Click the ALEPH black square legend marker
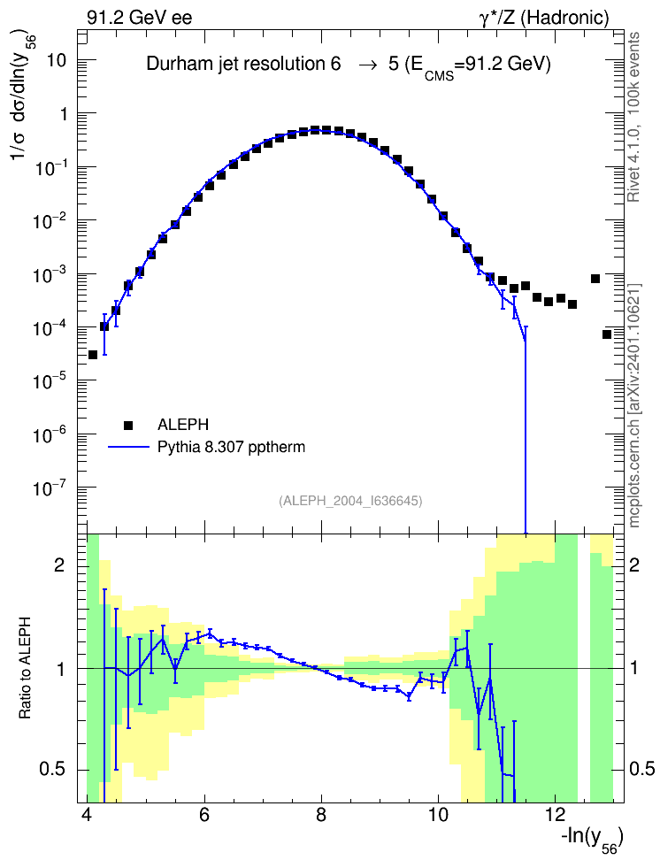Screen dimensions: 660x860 point(128,425)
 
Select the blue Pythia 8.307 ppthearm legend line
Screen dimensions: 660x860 point(128,448)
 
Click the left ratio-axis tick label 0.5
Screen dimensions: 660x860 point(52,770)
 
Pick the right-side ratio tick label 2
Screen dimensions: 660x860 point(634,565)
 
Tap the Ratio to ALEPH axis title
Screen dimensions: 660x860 point(26,668)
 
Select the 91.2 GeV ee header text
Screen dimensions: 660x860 point(140,18)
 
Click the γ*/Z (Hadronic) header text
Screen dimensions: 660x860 point(544,18)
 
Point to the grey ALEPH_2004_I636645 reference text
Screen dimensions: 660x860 point(350,501)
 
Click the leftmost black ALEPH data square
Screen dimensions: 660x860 point(93,355)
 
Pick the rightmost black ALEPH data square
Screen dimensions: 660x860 point(607,334)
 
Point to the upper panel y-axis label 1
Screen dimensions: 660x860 point(63,114)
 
